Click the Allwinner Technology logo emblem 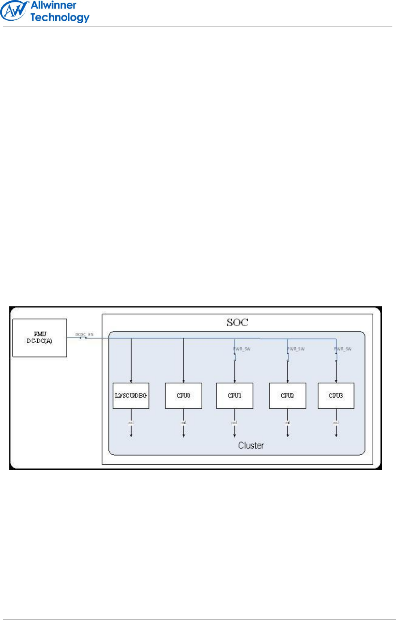(x=14, y=11)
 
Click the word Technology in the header (x=60, y=17)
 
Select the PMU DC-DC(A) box (x=40, y=338)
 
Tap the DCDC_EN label (x=84, y=334)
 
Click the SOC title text (x=237, y=323)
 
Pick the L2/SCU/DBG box (x=131, y=396)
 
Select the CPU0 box (x=184, y=396)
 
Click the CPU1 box (x=235, y=396)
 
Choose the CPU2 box (x=287, y=396)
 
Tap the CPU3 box (x=336, y=396)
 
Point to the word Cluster (x=251, y=446)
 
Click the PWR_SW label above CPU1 (x=242, y=349)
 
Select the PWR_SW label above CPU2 (x=296, y=349)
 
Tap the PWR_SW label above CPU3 (x=343, y=349)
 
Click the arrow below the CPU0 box (x=184, y=430)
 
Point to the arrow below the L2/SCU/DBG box (x=131, y=430)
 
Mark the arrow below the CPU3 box (x=336, y=430)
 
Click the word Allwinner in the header (x=54, y=5)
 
